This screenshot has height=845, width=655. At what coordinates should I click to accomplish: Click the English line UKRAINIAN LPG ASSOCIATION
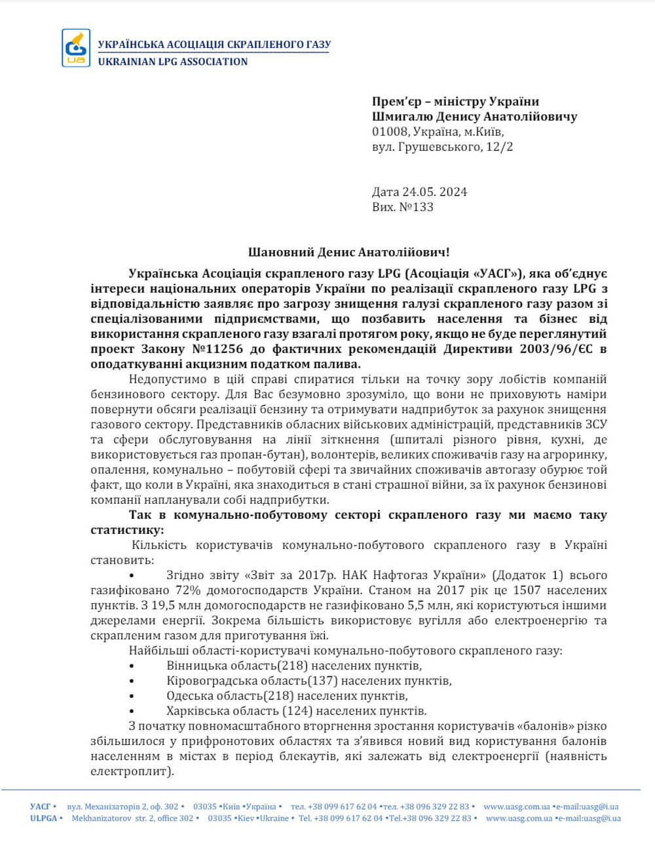[173, 62]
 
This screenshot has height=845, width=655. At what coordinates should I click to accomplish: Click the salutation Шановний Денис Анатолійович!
[349, 252]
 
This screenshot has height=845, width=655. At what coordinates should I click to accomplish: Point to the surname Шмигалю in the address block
[401, 117]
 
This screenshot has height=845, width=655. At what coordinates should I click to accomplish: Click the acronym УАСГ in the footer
[41, 806]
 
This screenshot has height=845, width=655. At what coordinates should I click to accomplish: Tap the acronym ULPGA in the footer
[43, 818]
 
